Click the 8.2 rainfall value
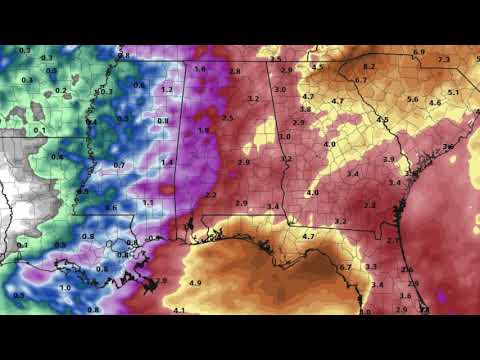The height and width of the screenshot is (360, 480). (369, 67)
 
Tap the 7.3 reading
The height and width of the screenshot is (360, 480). (444, 60)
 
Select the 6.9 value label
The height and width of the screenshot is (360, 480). (419, 52)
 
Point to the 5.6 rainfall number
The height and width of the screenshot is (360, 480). (412, 99)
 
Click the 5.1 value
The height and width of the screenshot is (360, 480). (453, 92)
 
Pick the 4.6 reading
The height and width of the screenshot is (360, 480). (435, 103)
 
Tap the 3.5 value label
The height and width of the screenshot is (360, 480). (276, 59)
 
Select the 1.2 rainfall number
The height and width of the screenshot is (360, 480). (167, 89)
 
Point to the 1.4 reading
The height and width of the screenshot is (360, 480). (167, 162)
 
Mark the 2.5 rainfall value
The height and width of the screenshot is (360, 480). (227, 118)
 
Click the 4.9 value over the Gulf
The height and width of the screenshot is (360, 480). (195, 283)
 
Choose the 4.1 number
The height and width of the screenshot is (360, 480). (180, 311)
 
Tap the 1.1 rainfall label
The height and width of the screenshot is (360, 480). (148, 203)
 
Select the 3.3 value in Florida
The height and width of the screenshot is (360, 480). (371, 266)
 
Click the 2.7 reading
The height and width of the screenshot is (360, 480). (392, 241)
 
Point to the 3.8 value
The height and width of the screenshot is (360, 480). (305, 109)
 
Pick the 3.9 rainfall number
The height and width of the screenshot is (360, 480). (389, 159)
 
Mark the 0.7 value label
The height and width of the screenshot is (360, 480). (119, 165)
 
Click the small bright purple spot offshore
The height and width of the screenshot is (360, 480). (443, 297)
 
